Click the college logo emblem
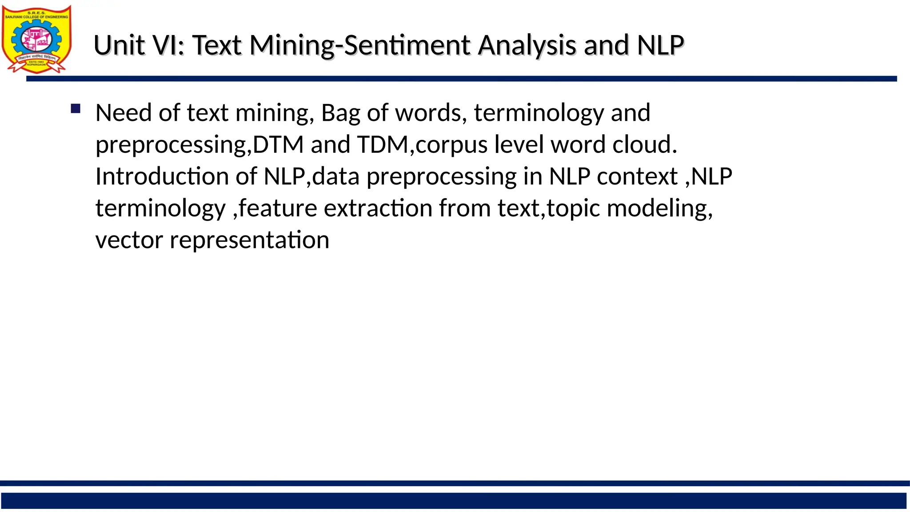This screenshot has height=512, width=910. [36, 39]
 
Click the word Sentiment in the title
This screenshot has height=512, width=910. [407, 45]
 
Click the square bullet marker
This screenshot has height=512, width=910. [76, 108]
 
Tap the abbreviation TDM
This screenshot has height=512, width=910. [383, 144]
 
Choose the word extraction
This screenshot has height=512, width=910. [378, 208]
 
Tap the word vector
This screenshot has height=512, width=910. [129, 240]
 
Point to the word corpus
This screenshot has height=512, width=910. [451, 145]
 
